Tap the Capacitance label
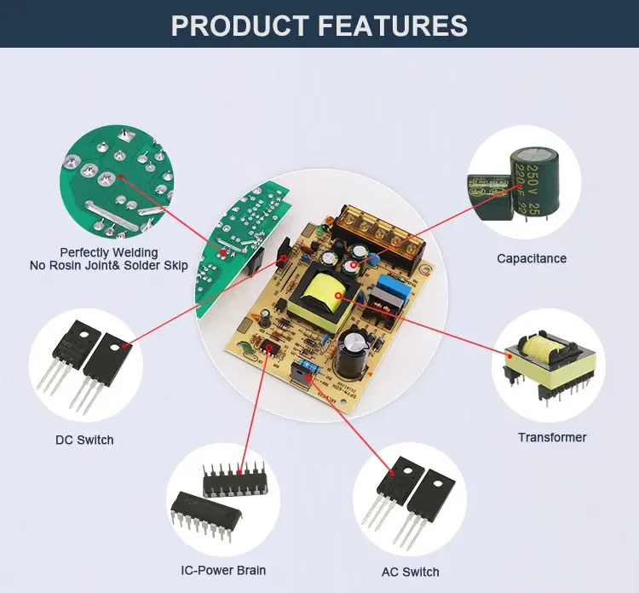(532, 258)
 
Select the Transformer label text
(552, 437)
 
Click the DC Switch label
(84, 440)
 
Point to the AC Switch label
(411, 572)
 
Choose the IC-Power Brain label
(223, 570)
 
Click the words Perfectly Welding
(108, 252)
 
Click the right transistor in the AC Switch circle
(429, 498)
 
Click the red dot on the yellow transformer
(338, 296)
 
